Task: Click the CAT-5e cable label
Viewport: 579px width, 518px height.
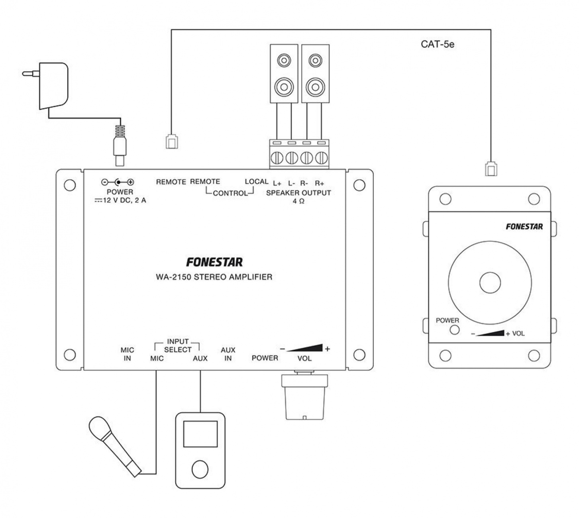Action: (437, 44)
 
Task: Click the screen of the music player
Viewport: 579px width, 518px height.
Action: (200, 434)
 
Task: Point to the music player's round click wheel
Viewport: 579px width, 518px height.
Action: (200, 469)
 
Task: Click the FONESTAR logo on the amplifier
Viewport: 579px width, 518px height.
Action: (214, 262)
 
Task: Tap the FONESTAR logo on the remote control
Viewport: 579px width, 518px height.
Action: (524, 227)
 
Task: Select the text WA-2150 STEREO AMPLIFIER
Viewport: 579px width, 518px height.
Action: (214, 277)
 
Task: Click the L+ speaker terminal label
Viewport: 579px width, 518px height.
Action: (277, 184)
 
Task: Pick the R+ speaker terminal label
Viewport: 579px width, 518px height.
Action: (319, 184)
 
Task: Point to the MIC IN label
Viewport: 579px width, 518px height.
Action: (127, 354)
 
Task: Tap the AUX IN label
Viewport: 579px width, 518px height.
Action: (228, 354)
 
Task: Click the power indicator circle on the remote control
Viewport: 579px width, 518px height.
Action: (454, 330)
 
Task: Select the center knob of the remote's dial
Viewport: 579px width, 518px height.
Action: (490, 283)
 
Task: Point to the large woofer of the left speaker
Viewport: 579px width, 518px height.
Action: (284, 86)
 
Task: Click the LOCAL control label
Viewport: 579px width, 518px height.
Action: (256, 182)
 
